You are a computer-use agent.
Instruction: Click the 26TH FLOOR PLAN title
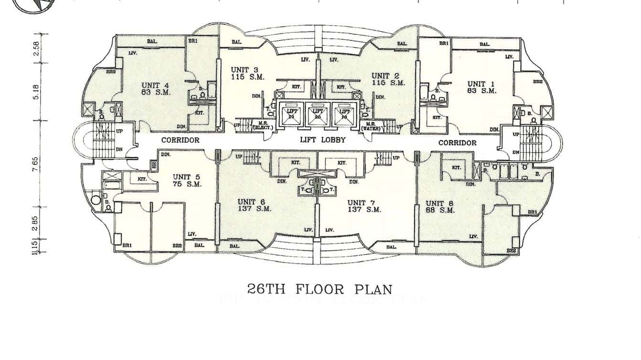click(320, 289)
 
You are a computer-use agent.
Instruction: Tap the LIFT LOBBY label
click(322, 140)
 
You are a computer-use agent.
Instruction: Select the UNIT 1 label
click(482, 84)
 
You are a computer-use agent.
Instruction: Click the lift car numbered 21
click(291, 114)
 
